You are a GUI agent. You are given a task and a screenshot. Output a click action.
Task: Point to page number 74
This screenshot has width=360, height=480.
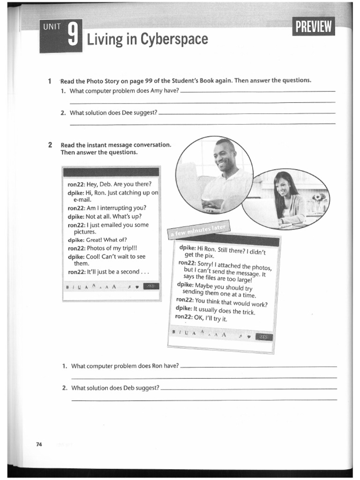coord(39,444)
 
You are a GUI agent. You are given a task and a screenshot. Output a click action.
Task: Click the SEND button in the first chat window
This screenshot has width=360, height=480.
coord(151,286)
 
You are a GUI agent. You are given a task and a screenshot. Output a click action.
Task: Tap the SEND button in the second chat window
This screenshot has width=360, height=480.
coord(264,337)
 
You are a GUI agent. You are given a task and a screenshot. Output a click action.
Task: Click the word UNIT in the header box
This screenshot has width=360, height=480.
coord(52,27)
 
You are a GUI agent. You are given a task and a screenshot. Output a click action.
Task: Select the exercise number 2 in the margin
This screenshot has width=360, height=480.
coord(50,145)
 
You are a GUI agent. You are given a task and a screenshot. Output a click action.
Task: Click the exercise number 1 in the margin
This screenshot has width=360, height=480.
coord(50,81)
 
